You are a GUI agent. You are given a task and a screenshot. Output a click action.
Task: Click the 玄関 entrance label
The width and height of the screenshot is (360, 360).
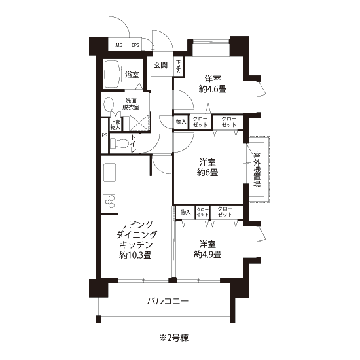tap(160, 65)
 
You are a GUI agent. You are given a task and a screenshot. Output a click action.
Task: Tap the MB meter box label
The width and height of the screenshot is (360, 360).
tap(119, 45)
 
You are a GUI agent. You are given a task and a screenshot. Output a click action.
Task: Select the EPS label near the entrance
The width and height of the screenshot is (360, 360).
tap(135, 45)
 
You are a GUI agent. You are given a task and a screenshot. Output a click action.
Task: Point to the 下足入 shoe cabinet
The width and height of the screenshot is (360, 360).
tap(179, 67)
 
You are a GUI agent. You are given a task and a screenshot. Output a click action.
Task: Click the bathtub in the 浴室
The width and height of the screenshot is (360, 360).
tap(113, 74)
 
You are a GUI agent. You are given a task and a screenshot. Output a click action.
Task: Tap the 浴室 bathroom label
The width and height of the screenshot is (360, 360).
tap(132, 75)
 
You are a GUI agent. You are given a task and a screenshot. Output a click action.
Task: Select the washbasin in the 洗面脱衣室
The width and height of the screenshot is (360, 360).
tap(109, 105)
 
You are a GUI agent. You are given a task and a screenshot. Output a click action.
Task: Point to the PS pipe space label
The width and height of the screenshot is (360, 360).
tap(105, 135)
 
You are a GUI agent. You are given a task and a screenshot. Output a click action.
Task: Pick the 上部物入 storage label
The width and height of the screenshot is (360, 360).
tap(115, 124)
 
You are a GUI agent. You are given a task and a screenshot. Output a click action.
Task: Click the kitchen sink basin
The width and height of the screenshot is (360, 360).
tap(109, 172)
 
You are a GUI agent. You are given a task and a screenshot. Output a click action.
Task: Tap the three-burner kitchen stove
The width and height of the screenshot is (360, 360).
tap(109, 202)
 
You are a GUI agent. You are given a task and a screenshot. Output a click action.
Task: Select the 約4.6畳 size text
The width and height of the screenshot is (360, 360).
tap(213, 89)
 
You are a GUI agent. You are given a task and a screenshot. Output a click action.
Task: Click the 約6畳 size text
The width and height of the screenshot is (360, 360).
tap(207, 172)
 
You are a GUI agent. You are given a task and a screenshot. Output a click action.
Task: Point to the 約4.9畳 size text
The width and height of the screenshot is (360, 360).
tap(207, 254)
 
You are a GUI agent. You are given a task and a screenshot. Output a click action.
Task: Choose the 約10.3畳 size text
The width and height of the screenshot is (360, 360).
tap(135, 255)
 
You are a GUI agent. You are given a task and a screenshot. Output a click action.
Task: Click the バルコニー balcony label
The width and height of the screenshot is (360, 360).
tap(168, 301)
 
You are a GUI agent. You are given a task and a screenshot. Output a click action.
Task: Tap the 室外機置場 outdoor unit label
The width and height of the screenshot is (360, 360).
tap(257, 170)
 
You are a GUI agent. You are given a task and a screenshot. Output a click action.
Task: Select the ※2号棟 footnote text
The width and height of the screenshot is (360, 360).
tap(175, 338)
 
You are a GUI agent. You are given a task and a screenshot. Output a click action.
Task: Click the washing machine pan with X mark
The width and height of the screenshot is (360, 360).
tap(139, 123)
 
